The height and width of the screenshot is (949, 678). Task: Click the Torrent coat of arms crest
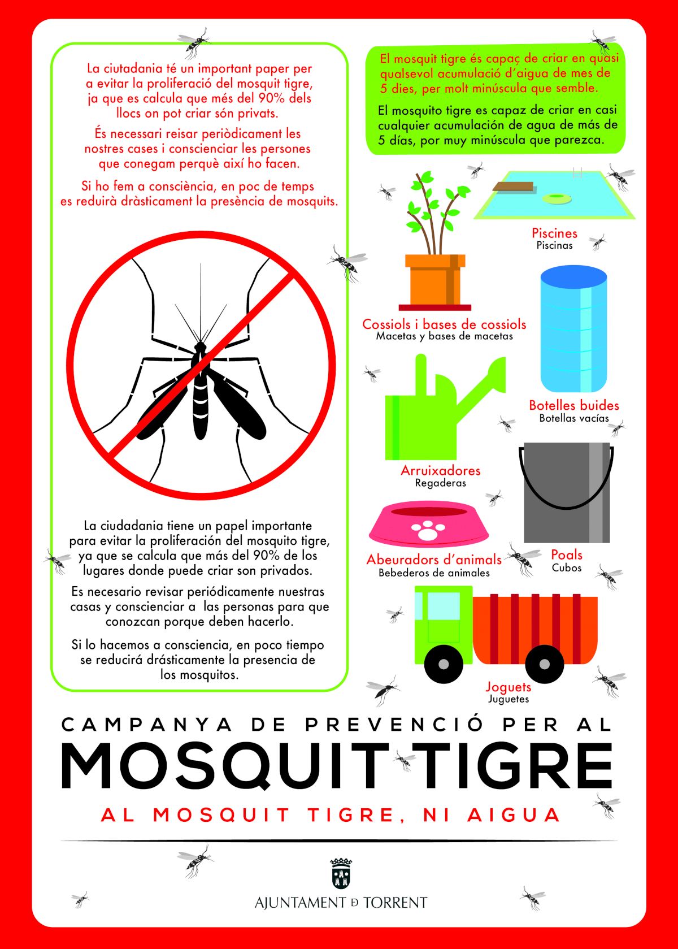[x=341, y=873]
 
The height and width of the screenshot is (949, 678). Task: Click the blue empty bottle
[x=573, y=329]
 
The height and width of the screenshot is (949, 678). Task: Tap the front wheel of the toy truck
[x=444, y=664]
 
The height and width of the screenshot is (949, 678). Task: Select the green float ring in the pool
[x=557, y=197]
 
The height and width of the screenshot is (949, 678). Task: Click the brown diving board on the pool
[x=513, y=187]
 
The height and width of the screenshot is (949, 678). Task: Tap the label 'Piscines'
[x=554, y=233]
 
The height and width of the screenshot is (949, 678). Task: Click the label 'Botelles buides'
[x=574, y=405]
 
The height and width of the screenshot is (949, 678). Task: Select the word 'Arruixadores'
[x=441, y=470]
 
